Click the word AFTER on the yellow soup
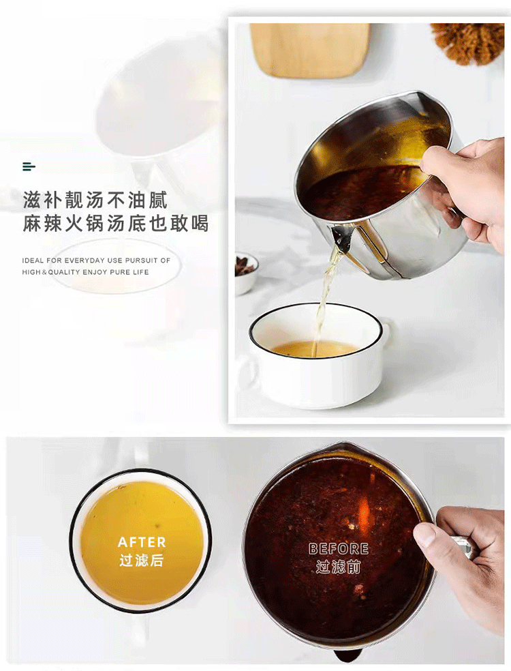coord(142,542)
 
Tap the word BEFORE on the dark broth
coord(338,549)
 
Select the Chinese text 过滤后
coord(142,560)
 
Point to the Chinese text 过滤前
coord(338,567)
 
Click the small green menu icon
coord(29,166)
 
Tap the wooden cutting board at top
coord(310,49)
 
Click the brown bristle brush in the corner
coord(468,43)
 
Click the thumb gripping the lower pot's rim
coord(428,535)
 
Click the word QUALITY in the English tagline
coord(64,271)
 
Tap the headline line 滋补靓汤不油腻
coord(95,200)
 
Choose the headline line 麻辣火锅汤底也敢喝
coord(115,224)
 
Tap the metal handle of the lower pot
coord(462,548)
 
